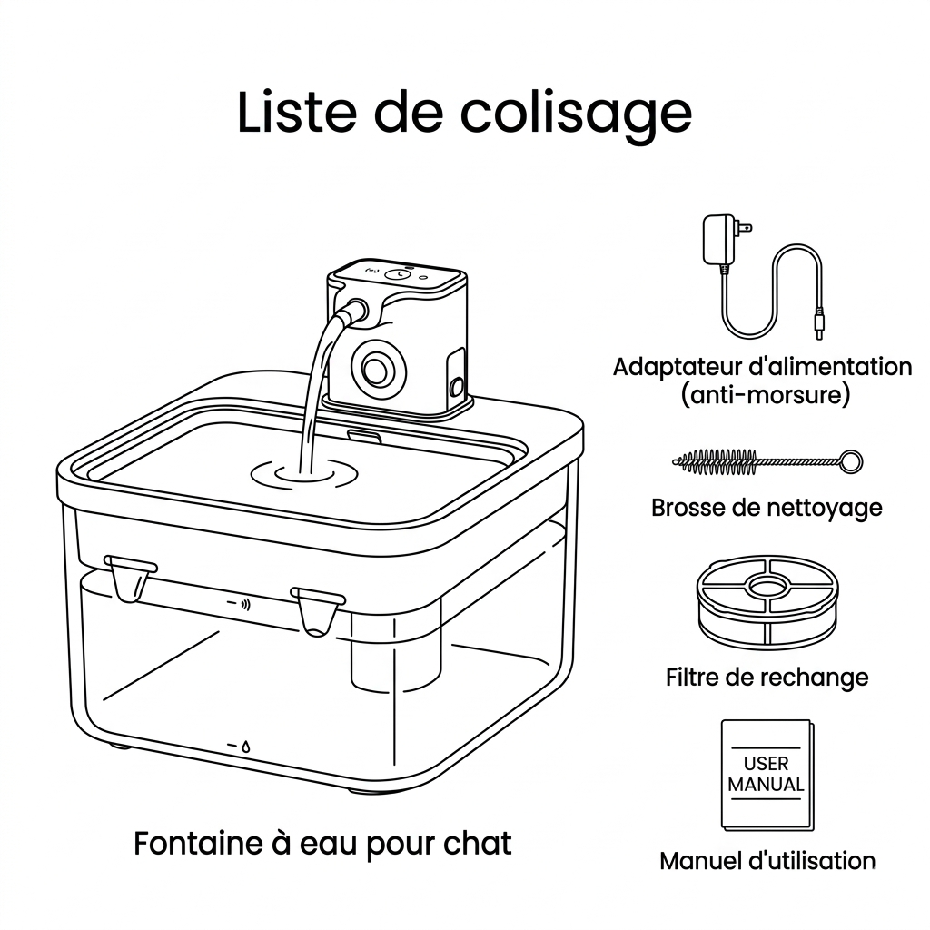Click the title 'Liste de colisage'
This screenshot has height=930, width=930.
464,114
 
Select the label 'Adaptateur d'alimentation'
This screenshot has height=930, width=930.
762,367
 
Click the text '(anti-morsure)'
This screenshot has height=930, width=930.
762,396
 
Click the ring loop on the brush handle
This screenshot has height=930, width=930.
851,461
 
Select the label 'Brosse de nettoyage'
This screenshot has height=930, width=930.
767,507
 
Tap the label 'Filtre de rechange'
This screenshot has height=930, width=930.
767,677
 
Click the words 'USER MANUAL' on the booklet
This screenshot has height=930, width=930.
767,774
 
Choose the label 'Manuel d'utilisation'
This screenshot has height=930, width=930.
767,860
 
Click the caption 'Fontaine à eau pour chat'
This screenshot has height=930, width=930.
322,843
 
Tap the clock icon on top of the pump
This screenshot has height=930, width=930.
398,273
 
